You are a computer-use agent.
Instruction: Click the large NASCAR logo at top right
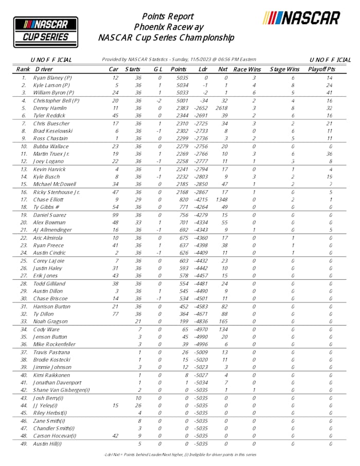pos(301,19)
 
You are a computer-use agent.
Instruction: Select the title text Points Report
pos(168,16)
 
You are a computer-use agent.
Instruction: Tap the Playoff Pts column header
pos(322,69)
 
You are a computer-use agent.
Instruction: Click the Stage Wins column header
pos(284,69)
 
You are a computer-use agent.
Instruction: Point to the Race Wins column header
pos(247,69)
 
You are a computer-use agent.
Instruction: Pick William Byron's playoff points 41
pos(330,93)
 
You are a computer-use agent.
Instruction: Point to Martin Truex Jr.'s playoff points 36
pos(330,154)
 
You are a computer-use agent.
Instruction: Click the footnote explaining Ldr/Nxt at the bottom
pos(179,454)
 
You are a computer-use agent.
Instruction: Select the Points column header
pos(178,69)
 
